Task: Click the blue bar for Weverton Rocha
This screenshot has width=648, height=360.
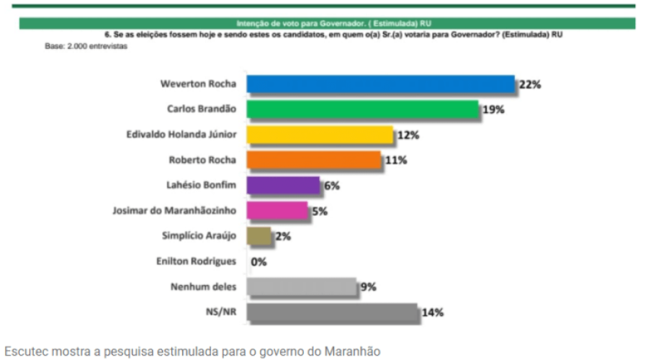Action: pyautogui.click(x=380, y=84)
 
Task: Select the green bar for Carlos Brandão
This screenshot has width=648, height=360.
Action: pyautogui.click(x=362, y=109)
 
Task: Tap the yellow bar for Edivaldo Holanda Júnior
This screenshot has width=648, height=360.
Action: pyautogui.click(x=320, y=135)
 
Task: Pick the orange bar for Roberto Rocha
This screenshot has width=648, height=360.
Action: pyautogui.click(x=313, y=160)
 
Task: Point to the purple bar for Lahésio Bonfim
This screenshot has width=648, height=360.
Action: pyautogui.click(x=283, y=185)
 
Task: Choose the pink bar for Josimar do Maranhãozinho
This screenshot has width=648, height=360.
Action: pyautogui.click(x=277, y=210)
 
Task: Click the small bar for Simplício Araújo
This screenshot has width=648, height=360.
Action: pyautogui.click(x=258, y=235)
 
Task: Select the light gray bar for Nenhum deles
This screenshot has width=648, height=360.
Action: pyautogui.click(x=302, y=287)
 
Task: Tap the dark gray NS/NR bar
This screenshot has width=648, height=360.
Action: pyautogui.click(x=332, y=312)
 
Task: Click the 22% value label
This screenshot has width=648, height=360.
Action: pyautogui.click(x=529, y=84)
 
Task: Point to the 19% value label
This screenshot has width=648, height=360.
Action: pyautogui.click(x=493, y=109)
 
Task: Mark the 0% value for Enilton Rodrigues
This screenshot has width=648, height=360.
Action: pyautogui.click(x=258, y=261)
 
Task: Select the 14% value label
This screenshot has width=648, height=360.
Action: pyautogui.click(x=433, y=312)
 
